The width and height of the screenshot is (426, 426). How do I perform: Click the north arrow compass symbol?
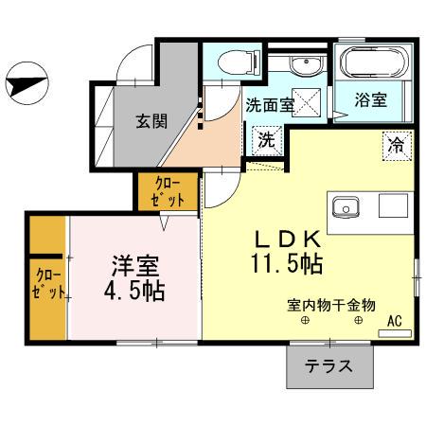coord(27,83)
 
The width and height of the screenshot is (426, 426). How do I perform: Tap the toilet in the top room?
coord(239,63)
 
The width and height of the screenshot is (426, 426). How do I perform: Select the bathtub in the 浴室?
coord(374,62)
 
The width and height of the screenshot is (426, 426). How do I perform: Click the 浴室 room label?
coord(370,99)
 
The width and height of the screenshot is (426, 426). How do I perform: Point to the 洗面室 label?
coord(270,105)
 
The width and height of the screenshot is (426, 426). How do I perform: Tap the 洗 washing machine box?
coord(267,140)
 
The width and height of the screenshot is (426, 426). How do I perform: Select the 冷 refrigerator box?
coord(397,146)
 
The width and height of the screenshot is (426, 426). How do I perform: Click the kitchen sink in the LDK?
coord(346,207)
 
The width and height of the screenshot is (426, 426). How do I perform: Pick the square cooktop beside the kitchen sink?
coord(393,205)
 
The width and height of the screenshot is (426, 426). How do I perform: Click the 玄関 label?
coord(151,121)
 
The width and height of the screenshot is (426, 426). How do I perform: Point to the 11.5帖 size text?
coord(287,264)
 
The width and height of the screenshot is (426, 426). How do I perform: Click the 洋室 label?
coord(134,266)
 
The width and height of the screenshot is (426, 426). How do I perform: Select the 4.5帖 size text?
coord(134,291)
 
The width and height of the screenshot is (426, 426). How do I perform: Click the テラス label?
coord(328,366)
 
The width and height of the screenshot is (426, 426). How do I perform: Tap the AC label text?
coord(395,321)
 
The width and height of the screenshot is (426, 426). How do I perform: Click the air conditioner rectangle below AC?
coord(395,333)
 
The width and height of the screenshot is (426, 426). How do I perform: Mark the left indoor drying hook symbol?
coord(305,321)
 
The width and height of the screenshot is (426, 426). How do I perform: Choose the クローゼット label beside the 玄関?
coord(168,192)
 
